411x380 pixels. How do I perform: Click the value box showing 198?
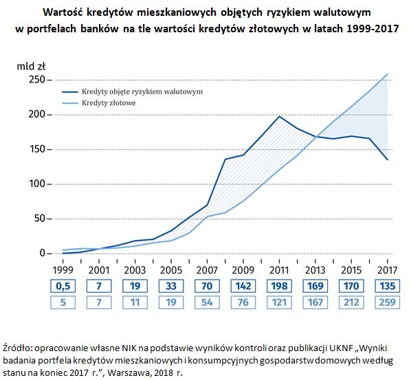pos(279,286)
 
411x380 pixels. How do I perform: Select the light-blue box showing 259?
pos(387,302)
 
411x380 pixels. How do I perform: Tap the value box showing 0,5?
pos(63,286)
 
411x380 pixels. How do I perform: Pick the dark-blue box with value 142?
pos(243,286)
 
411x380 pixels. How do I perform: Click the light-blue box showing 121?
pos(279,302)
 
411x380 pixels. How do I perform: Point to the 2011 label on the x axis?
pos(279,270)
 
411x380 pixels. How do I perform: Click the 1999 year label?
pos(63,270)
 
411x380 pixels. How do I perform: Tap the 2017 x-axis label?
pos(387,270)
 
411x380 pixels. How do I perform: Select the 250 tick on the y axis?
pos(37,80)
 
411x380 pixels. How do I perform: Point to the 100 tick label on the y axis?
pos(37,183)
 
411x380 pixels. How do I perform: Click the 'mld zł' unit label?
pos(31,67)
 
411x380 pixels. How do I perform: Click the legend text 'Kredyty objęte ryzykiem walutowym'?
pos(142,91)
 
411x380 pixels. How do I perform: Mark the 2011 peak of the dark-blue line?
pos(280,116)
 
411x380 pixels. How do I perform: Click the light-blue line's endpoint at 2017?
pos(388,74)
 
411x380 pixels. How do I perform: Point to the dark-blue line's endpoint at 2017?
pos(388,159)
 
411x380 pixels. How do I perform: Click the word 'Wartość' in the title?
pos(63,12)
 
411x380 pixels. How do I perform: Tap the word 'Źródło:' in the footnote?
pos(17,348)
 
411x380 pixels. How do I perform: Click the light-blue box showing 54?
pos(207,302)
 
